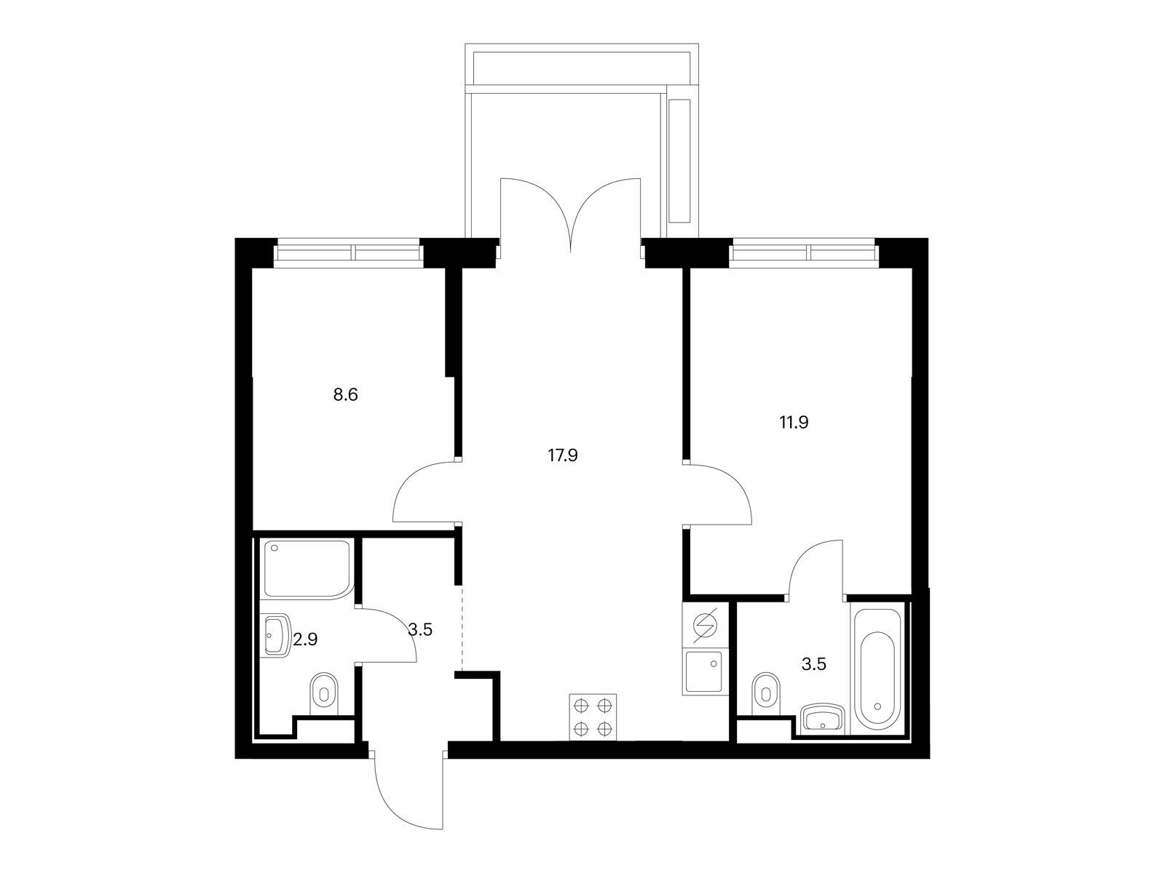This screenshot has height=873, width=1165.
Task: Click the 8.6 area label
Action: coord(346,395)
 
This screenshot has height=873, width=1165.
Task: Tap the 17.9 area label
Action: coord(563,455)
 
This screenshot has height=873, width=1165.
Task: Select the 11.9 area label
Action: coord(794,423)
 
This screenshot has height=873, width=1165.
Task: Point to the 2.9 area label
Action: coord(305,640)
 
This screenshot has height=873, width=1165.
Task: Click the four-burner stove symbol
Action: coord(593,717)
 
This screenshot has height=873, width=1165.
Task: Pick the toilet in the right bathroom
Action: coord(767,690)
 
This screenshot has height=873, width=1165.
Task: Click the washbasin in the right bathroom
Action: coord(824,719)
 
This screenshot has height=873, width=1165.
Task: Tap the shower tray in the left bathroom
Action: coord(307,569)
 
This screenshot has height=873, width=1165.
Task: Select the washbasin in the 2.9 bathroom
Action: coord(277,636)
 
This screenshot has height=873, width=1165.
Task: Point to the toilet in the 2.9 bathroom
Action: coord(324,694)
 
